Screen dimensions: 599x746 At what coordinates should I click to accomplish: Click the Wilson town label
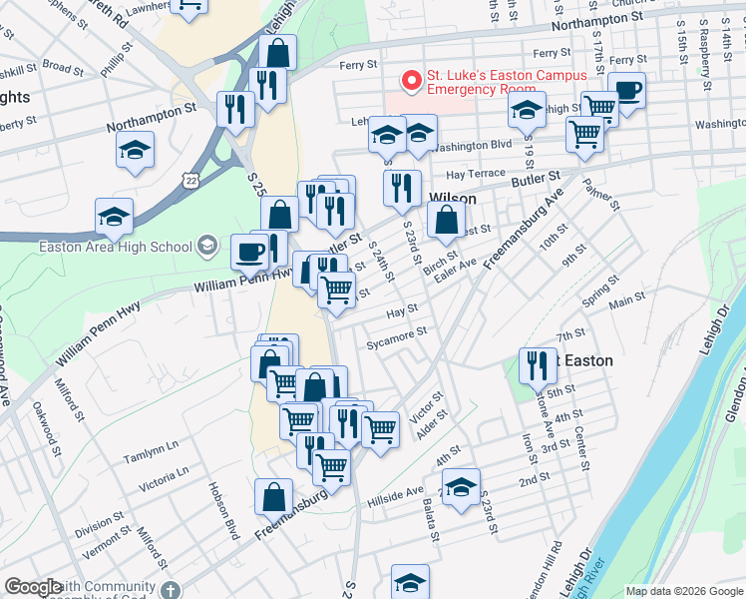tap(453, 199)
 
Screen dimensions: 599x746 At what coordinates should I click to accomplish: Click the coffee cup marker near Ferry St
tap(627, 92)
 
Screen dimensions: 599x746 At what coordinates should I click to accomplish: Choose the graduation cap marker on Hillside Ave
tap(461, 488)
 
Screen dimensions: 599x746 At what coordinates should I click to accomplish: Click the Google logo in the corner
tap(33, 588)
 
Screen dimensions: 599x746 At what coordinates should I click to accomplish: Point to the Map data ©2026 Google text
tap(683, 591)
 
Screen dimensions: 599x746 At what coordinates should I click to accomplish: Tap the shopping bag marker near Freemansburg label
tap(273, 497)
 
